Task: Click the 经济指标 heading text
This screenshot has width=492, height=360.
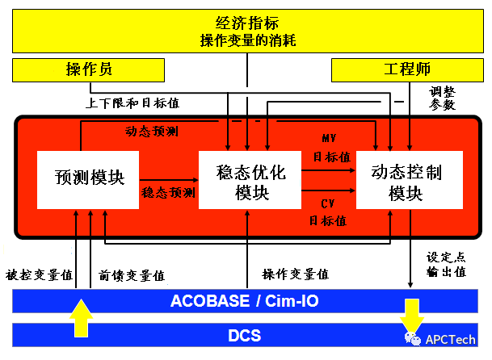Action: point(246,22)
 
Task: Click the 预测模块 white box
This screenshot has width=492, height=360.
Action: point(89,178)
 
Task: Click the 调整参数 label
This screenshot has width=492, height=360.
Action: point(443,98)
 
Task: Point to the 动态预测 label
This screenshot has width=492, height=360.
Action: point(151,131)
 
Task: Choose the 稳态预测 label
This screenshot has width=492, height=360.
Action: point(168,193)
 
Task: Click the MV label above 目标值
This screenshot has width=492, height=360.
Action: point(329,139)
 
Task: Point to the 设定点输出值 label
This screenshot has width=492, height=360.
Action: point(447,265)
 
